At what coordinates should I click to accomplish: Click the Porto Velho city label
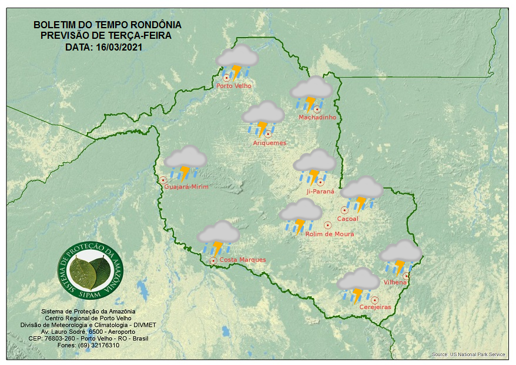(234, 86)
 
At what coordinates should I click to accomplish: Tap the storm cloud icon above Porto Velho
(237, 62)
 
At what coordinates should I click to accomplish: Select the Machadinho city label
(317, 118)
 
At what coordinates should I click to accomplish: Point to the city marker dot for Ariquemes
(268, 134)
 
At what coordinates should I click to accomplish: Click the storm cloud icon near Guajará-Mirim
(185, 162)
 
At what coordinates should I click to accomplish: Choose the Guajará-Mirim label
(187, 186)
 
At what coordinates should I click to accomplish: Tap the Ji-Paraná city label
(320, 192)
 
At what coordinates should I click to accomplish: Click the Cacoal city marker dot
(344, 210)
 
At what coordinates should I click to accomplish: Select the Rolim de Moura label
(330, 234)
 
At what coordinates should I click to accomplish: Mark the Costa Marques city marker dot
(213, 260)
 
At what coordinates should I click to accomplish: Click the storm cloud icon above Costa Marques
(218, 237)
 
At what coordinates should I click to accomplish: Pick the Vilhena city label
(395, 282)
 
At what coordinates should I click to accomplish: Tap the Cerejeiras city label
(374, 307)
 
